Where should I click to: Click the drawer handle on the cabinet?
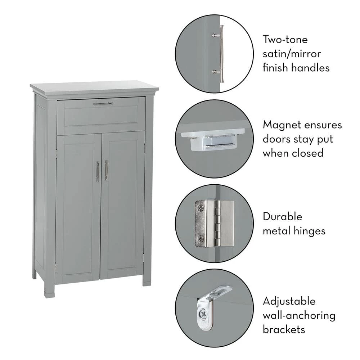click(x=103, y=104)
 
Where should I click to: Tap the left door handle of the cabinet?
click(x=97, y=171)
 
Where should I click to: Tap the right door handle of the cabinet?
click(x=106, y=170)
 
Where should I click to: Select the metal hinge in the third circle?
click(x=214, y=223)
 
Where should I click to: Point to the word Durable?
click(x=282, y=217)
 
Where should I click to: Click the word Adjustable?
click(x=289, y=301)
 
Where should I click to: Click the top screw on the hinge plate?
click(x=200, y=208)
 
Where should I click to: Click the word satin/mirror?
click(x=291, y=53)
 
